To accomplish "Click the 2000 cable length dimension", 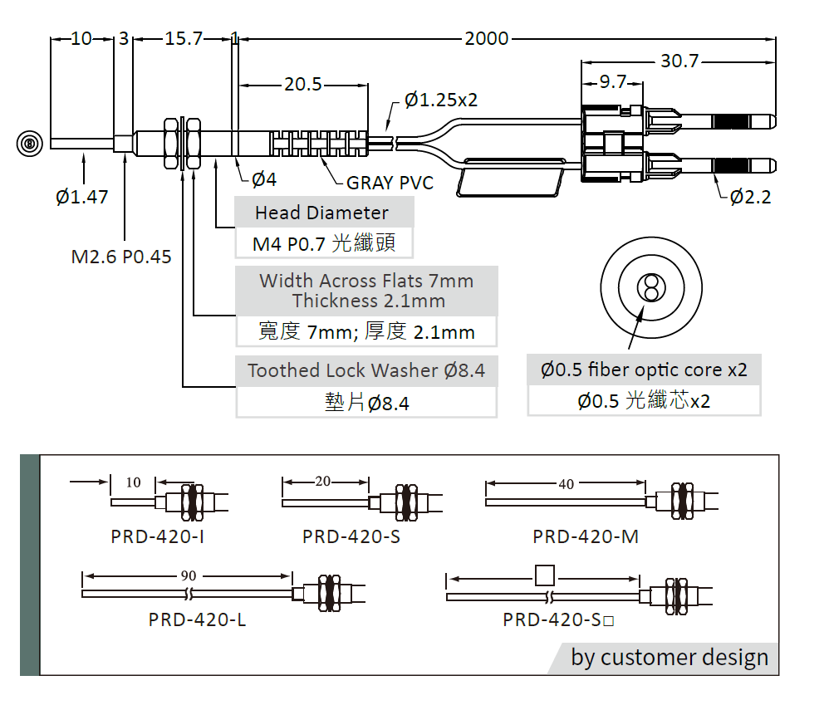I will click(x=487, y=38).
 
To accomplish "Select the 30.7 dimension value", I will click(x=679, y=61).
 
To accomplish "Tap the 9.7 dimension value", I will click(x=612, y=81).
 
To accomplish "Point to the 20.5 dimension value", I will click(x=303, y=84).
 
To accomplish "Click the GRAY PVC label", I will click(x=390, y=183).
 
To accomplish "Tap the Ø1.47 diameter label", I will click(x=81, y=197).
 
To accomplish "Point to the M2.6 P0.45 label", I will click(x=121, y=257).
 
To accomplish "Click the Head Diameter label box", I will click(x=321, y=213).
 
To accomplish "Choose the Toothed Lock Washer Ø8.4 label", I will click(x=366, y=370).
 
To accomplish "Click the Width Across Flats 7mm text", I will click(x=366, y=281).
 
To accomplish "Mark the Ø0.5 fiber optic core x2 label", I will click(x=644, y=370).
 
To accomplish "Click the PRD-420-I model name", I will click(x=157, y=536).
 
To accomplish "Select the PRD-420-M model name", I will click(x=586, y=536).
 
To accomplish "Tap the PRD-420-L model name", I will click(x=197, y=619).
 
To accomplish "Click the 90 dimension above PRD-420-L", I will click(x=189, y=575).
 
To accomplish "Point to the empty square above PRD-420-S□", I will click(x=545, y=575).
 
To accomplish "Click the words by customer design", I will click(x=670, y=658).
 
